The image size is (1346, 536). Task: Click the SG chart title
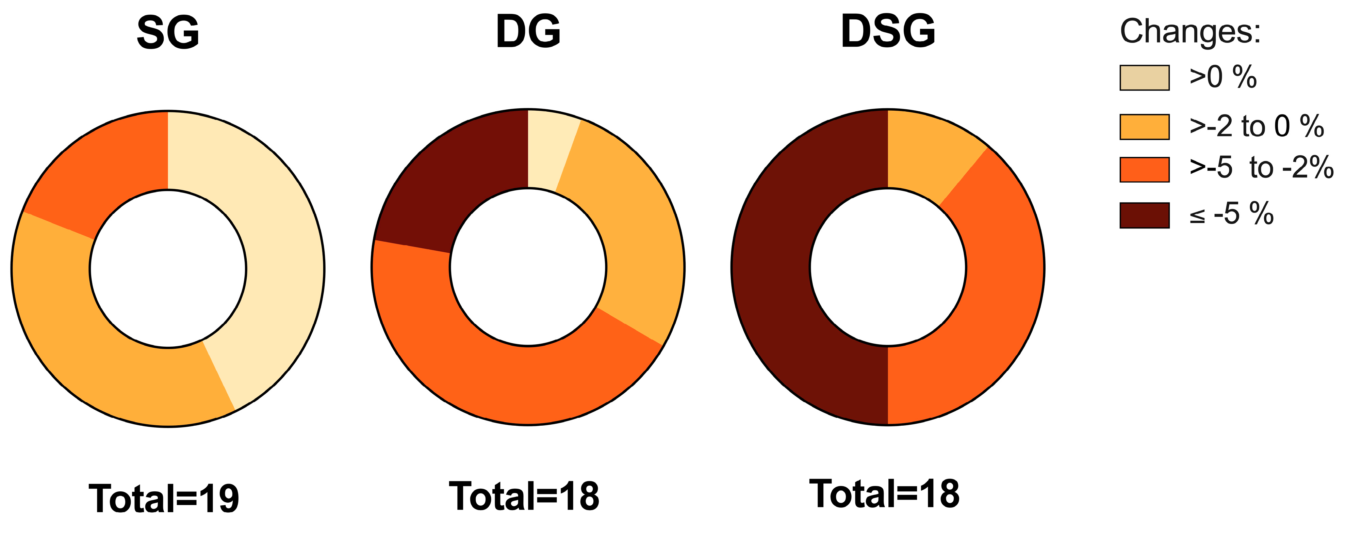[x=168, y=32]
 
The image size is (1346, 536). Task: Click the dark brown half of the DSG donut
[x=773, y=267]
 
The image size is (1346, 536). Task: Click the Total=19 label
[x=164, y=498]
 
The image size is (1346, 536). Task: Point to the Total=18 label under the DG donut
[x=524, y=496]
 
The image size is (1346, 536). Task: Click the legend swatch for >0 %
[x=1144, y=78]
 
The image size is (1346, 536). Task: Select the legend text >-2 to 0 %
[x=1256, y=127]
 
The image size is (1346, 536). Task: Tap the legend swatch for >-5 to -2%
[x=1144, y=170]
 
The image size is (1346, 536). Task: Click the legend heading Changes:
[x=1190, y=31]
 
